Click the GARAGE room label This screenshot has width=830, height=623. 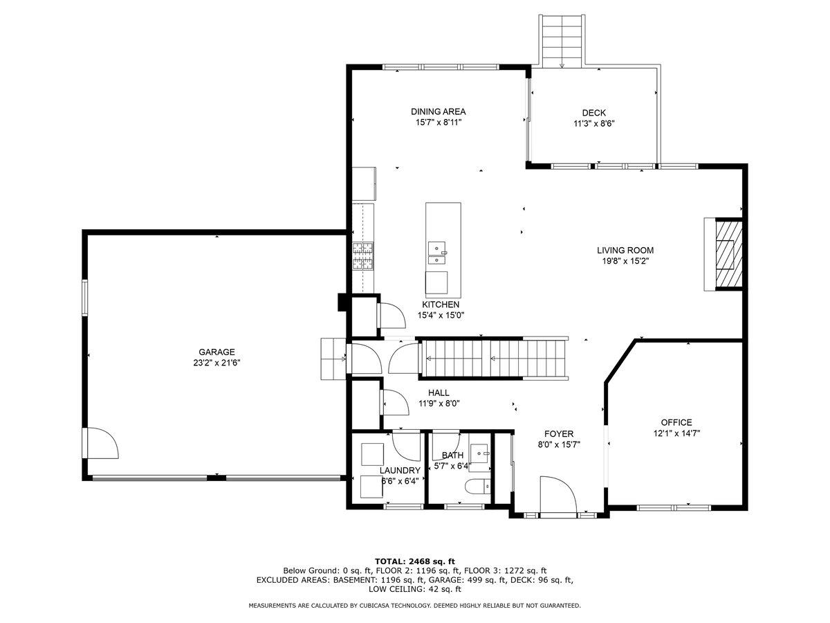tap(216, 352)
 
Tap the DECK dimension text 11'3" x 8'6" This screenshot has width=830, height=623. tap(594, 123)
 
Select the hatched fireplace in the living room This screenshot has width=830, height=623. tap(728, 254)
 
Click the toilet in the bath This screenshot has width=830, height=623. tap(477, 486)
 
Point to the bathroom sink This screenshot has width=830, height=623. tap(479, 453)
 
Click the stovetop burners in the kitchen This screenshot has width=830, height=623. tap(362, 255)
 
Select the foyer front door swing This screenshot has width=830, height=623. tap(557, 496)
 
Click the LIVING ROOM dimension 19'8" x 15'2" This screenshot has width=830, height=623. tap(625, 261)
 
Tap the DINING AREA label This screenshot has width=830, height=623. tap(439, 111)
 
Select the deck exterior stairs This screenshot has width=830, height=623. tap(562, 42)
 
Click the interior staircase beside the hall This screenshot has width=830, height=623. tap(494, 359)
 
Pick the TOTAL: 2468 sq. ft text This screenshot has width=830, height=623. tap(415, 561)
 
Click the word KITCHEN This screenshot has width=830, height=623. tap(441, 305)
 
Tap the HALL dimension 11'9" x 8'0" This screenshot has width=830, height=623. tap(439, 404)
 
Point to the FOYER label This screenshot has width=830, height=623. tap(559, 434)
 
